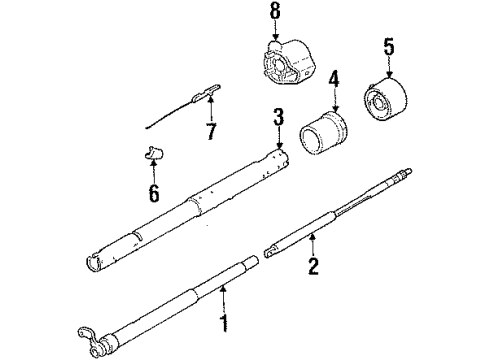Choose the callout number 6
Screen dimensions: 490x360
(154, 193)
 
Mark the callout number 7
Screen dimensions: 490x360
(211, 133)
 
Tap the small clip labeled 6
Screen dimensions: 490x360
(152, 154)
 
